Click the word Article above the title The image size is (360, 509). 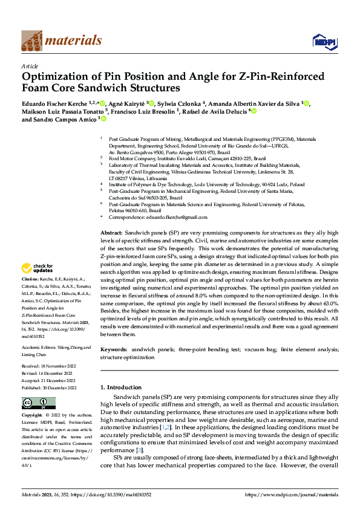(x=30, y=66)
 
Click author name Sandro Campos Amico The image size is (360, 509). (x=63, y=120)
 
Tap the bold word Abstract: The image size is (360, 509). (x=111, y=233)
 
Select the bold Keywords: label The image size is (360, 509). (x=114, y=349)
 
